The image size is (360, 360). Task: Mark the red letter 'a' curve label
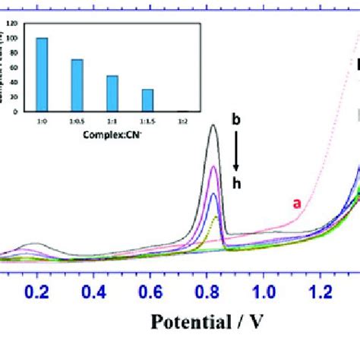pyautogui.click(x=298, y=203)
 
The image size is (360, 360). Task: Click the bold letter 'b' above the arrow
pyautogui.click(x=236, y=119)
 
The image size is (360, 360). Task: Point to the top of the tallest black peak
pyautogui.click(x=213, y=125)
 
